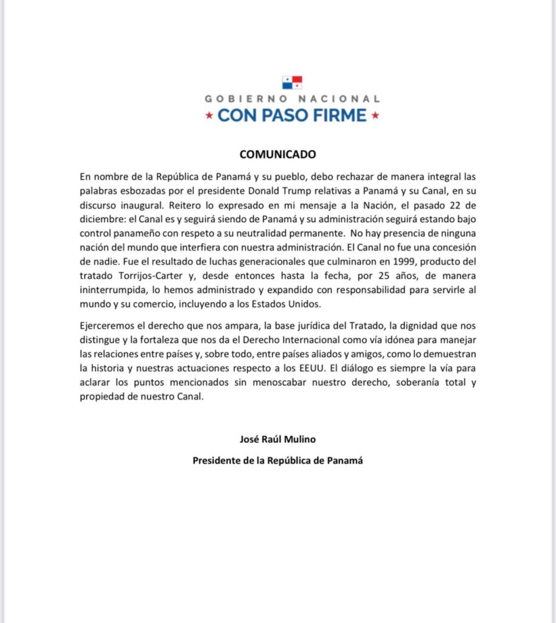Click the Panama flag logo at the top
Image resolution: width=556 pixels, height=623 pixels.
292,82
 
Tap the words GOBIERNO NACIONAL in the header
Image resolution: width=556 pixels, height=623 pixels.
292,99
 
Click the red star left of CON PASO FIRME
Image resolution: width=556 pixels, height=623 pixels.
209,115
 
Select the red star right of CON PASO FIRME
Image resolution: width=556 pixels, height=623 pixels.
375,115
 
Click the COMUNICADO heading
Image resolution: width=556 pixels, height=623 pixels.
277,155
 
